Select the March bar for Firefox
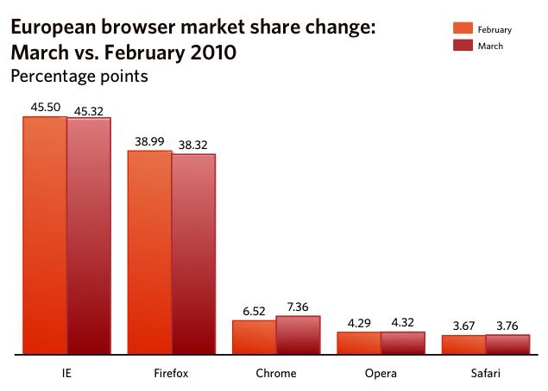click(193, 254)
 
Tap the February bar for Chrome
click(254, 337)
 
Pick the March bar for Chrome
click(298, 335)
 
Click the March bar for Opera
click(402, 343)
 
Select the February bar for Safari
click(463, 344)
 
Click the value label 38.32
click(193, 145)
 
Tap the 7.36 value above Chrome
click(298, 306)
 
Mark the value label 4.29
click(358, 322)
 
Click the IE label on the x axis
click(66, 374)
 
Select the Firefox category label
click(171, 374)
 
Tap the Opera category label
click(380, 374)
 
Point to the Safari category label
click(485, 374)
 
